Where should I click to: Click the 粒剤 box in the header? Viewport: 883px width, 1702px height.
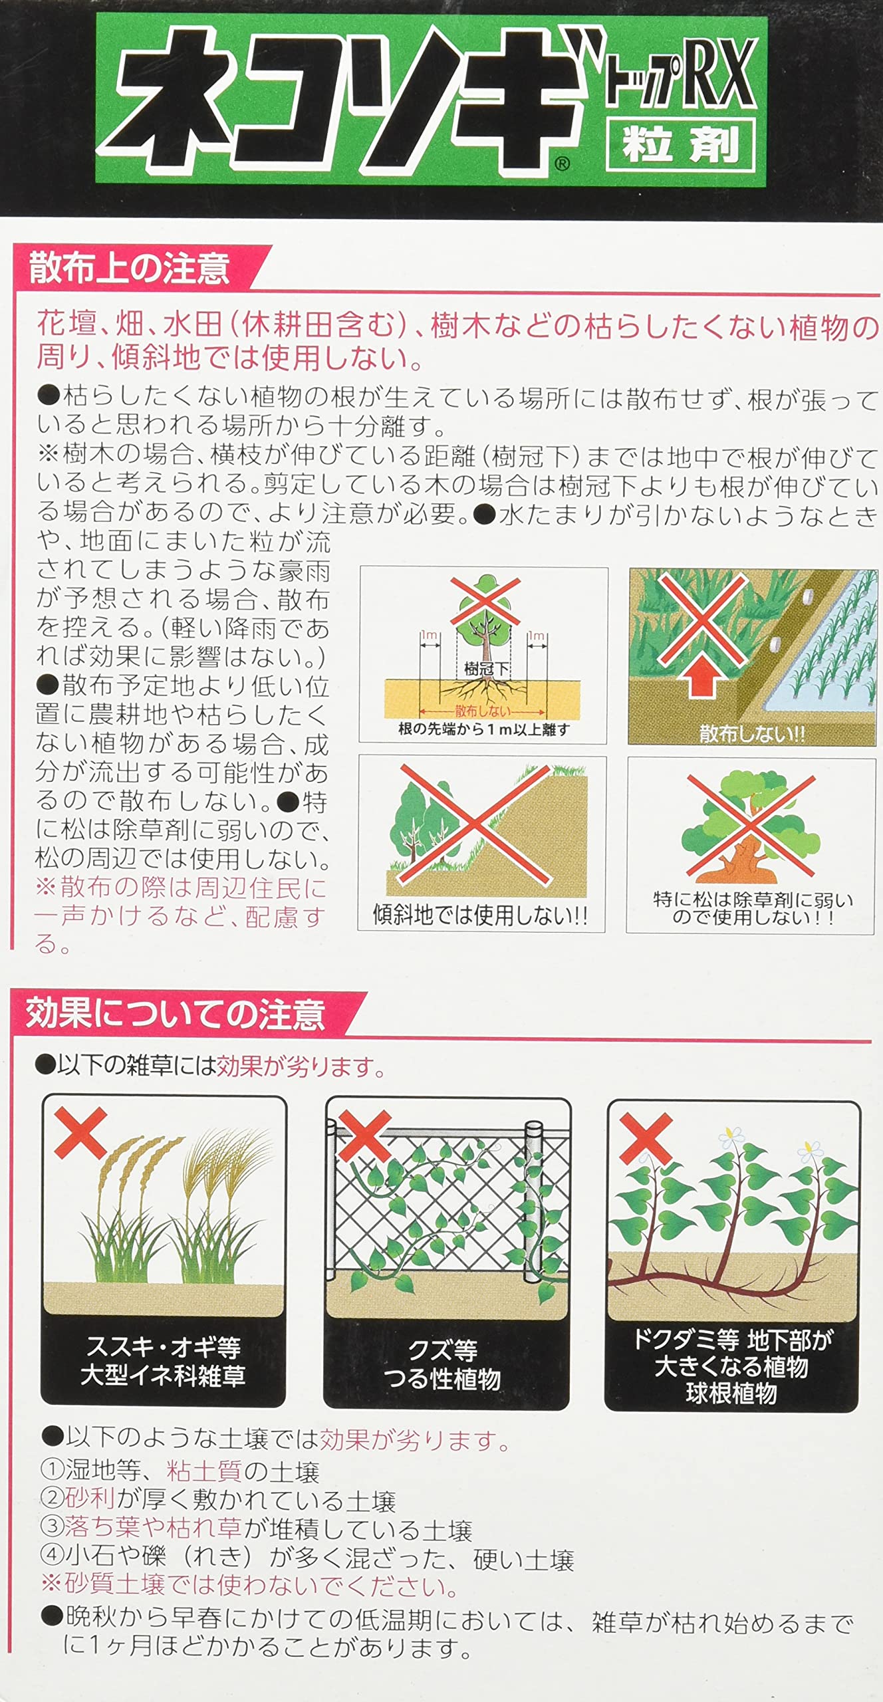681,145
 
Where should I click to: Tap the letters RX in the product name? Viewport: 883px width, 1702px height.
719,73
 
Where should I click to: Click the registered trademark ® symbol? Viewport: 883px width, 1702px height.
562,164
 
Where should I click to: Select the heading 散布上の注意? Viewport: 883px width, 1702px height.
130,269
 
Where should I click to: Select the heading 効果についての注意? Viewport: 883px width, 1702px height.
176,1015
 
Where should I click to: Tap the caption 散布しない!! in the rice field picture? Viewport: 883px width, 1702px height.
752,734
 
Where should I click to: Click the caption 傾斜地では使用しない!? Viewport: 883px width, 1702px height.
481,915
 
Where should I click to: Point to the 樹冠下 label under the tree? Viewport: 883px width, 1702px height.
486,669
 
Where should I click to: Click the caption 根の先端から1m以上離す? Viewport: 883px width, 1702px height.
483,729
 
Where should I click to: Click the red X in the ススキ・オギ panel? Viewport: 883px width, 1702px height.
80,1133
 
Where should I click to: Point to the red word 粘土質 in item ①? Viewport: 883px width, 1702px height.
204,1472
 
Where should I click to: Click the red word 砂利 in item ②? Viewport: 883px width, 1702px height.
90,1501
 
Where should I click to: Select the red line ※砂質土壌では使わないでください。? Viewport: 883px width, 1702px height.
249,1586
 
